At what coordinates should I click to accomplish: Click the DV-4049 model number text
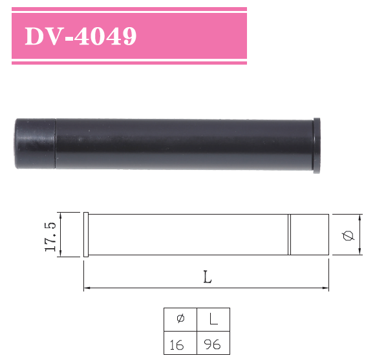click(80, 36)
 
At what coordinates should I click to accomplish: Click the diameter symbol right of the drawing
click(348, 235)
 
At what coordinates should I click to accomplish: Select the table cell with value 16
click(177, 344)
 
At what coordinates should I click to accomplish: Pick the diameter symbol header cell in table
click(180, 319)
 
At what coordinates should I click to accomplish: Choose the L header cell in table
click(213, 319)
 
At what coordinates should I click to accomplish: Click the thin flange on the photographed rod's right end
click(317, 145)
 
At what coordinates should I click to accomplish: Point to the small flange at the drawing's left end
click(86, 235)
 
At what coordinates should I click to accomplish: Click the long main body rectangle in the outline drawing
click(188, 235)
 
